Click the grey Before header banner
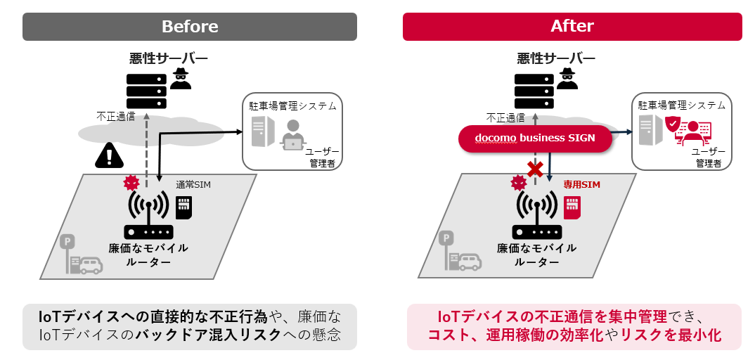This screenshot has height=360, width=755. point(190,27)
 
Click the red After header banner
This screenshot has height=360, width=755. point(572,27)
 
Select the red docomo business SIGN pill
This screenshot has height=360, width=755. point(535,139)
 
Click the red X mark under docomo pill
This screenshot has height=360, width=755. point(536,169)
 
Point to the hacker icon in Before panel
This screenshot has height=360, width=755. point(181,79)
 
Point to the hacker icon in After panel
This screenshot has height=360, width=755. point(568,79)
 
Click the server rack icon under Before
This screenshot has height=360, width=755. point(146,91)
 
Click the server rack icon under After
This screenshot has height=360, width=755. point(534,91)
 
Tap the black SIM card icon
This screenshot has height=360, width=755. point(183,207)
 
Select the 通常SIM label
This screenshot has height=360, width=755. point(193,185)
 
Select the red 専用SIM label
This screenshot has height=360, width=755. point(581,185)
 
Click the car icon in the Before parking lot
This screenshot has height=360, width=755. point(91,265)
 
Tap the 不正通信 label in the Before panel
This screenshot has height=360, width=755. point(116,117)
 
